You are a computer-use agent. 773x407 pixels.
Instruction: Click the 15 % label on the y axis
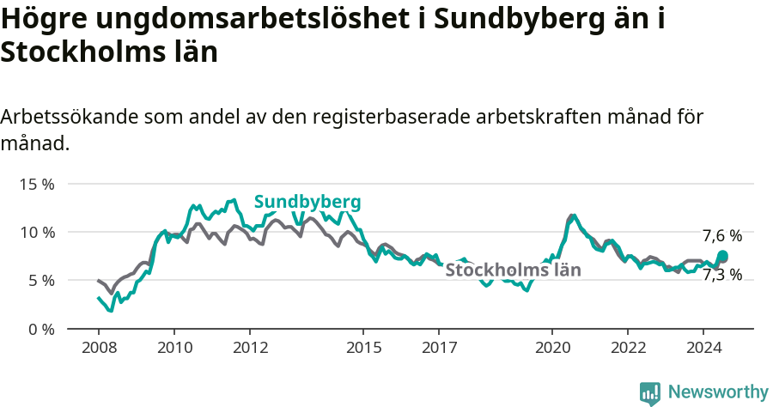(x=36, y=184)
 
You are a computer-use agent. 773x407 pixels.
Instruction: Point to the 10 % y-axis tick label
(x=36, y=232)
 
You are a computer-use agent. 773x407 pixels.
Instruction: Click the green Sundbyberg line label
(x=307, y=202)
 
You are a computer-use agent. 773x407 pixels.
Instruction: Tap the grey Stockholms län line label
(x=513, y=270)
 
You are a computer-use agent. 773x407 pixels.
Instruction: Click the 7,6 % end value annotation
(x=721, y=235)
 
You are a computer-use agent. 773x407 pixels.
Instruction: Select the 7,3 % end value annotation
(x=721, y=275)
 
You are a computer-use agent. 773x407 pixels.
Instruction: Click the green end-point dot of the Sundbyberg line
(x=722, y=256)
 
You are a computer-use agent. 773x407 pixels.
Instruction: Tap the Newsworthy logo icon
(x=650, y=392)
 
